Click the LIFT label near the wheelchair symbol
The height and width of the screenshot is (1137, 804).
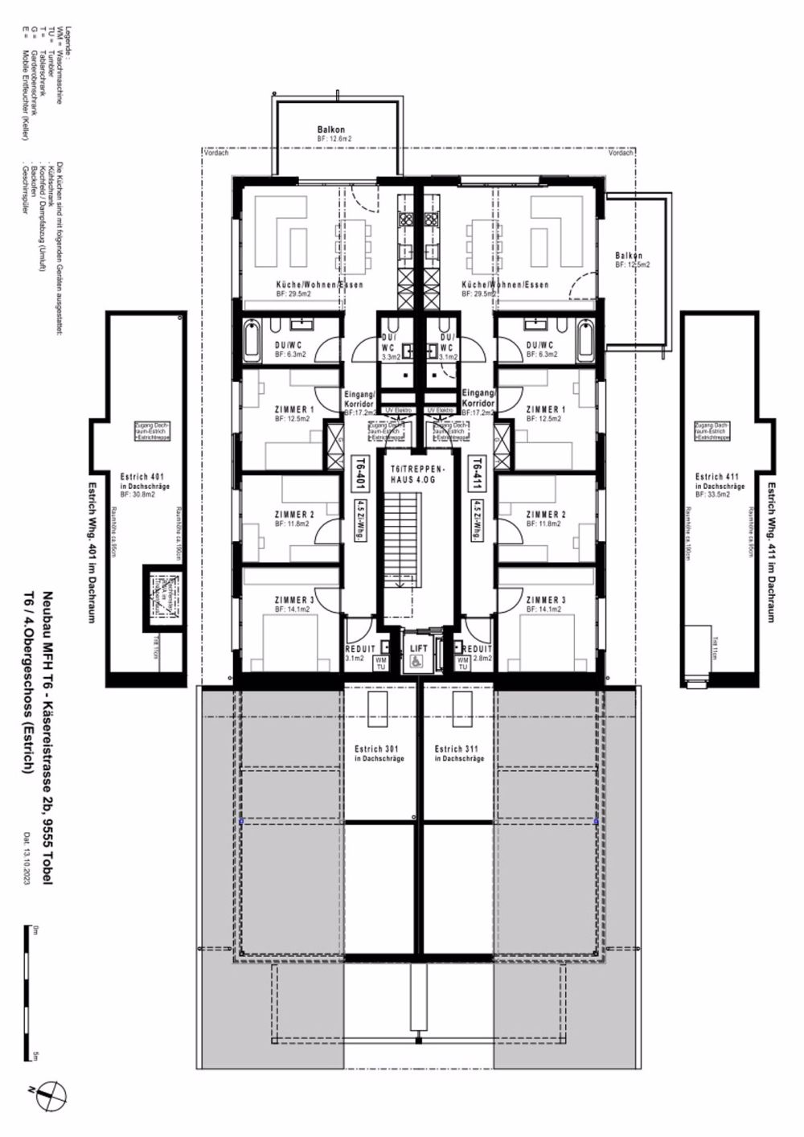click(x=418, y=647)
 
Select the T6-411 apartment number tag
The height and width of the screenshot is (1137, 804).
click(x=476, y=472)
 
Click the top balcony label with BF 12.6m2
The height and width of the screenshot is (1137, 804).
click(x=331, y=133)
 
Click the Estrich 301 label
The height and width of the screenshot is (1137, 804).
click(x=379, y=753)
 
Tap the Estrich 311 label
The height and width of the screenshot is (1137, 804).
click(x=459, y=753)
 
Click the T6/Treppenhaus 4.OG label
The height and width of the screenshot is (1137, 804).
click(x=417, y=473)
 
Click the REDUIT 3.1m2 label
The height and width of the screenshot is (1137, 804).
click(x=359, y=652)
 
